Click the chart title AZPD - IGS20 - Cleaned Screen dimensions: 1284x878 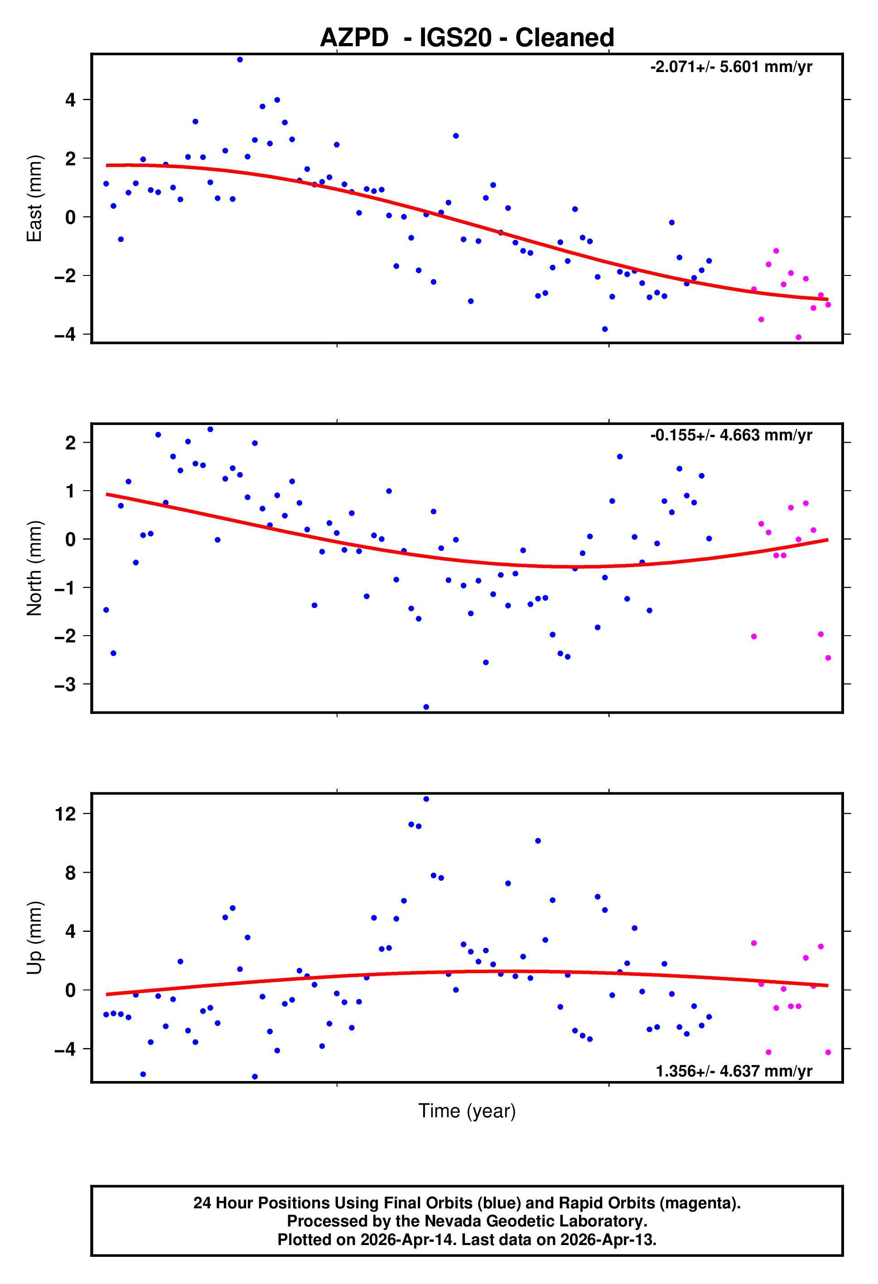(467, 38)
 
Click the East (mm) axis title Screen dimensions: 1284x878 (34, 198)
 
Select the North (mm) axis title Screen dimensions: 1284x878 (34, 568)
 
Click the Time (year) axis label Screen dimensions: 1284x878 (467, 1110)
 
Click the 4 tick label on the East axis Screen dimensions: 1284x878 (70, 100)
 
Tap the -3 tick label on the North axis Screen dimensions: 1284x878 (65, 685)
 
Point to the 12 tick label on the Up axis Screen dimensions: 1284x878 (65, 814)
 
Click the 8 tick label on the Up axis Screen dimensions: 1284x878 (70, 873)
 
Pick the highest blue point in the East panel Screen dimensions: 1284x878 (240, 60)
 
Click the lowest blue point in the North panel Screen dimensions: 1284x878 (426, 707)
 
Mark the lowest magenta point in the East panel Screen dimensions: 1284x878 (798, 338)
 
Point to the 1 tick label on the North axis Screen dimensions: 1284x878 (70, 491)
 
